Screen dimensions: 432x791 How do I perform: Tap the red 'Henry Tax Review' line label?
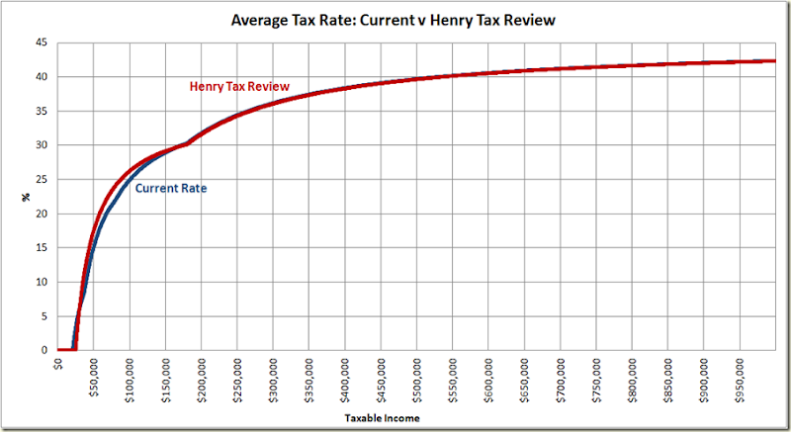[x=239, y=87]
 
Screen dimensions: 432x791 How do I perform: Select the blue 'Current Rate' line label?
[x=171, y=188]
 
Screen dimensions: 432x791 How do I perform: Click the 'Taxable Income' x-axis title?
[x=382, y=419]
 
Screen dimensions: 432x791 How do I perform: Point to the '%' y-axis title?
[x=27, y=197]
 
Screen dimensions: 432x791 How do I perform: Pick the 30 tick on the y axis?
[x=42, y=145]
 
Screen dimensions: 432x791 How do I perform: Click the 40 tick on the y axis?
[x=42, y=77]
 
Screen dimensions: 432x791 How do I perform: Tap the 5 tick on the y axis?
[x=44, y=316]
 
